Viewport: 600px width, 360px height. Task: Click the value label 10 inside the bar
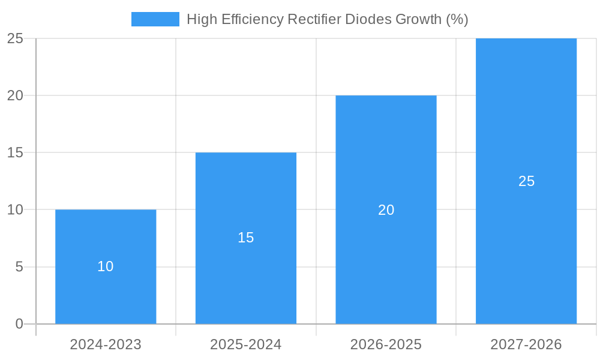(106, 266)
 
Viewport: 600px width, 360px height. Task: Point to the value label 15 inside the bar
(246, 238)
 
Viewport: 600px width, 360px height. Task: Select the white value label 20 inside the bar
(386, 210)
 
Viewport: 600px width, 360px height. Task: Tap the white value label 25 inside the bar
(526, 181)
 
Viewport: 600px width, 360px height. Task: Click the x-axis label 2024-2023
(106, 344)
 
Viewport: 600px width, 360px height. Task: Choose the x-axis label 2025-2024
(246, 344)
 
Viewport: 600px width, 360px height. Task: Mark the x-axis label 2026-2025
(386, 344)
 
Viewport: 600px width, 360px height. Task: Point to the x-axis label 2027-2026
(526, 344)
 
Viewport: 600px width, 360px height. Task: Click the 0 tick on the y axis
(19, 324)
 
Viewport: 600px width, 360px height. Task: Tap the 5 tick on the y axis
(19, 267)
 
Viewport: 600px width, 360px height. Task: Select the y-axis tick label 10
(15, 210)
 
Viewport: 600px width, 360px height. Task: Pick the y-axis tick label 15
(15, 153)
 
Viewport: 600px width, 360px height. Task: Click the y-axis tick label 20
(15, 95)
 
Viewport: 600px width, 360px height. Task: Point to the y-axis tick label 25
(15, 38)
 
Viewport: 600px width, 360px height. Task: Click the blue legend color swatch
(155, 19)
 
